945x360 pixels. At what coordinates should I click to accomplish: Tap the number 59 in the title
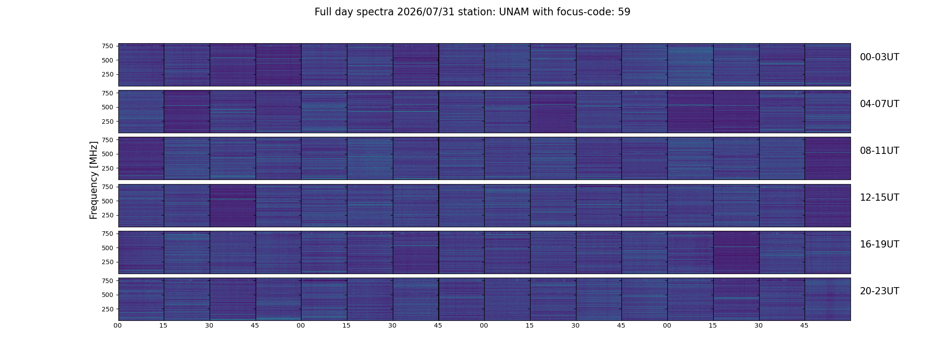[624, 12]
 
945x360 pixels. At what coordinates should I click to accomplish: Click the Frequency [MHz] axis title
[94, 180]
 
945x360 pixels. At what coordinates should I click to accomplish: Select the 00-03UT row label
[879, 57]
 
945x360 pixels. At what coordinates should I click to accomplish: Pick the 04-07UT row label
[879, 104]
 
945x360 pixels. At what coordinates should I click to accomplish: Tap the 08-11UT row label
[879, 151]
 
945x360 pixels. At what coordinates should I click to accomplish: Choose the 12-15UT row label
[879, 198]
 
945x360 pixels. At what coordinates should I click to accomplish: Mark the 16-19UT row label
[879, 244]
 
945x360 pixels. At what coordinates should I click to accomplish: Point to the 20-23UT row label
[879, 291]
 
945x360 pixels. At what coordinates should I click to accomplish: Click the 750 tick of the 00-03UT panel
[108, 46]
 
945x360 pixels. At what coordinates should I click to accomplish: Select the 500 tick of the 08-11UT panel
[108, 154]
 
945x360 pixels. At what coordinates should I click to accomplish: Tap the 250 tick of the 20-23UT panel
[108, 309]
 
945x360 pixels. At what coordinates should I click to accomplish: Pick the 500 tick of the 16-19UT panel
[108, 247]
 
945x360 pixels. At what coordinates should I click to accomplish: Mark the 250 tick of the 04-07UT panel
[108, 121]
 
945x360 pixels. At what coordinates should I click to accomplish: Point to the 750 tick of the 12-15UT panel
[108, 187]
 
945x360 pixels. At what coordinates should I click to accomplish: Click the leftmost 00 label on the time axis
[118, 326]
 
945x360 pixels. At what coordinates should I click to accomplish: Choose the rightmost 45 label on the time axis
[804, 326]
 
